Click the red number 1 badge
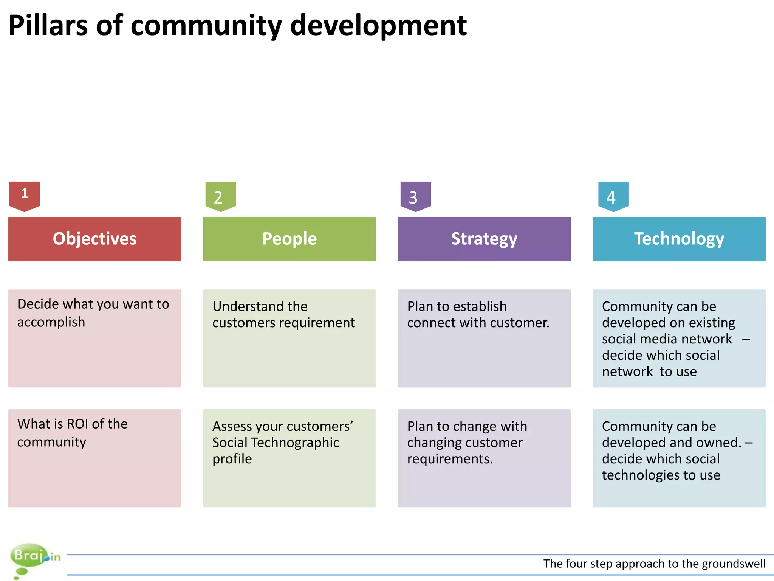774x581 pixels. click(x=25, y=196)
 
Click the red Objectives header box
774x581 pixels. click(x=94, y=239)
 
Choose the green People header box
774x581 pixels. click(x=289, y=239)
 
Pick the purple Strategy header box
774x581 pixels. click(x=484, y=239)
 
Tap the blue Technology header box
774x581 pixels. click(x=679, y=239)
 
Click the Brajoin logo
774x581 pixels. click(x=34, y=559)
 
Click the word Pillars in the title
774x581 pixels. click(x=48, y=26)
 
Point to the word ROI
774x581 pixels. click(x=78, y=424)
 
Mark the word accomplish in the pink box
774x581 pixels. click(x=51, y=322)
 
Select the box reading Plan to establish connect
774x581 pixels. click(x=484, y=338)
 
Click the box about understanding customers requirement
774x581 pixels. click(x=289, y=338)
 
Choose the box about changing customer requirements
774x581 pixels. click(x=484, y=458)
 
